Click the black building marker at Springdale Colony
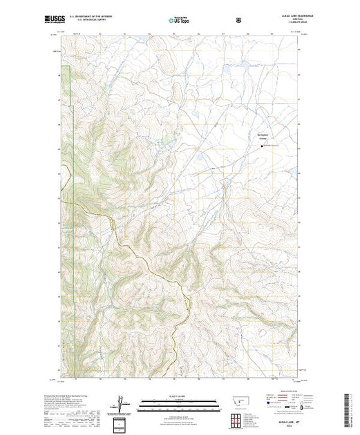point(262,145)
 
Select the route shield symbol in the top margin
point(238,20)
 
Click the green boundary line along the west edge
point(72,138)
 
